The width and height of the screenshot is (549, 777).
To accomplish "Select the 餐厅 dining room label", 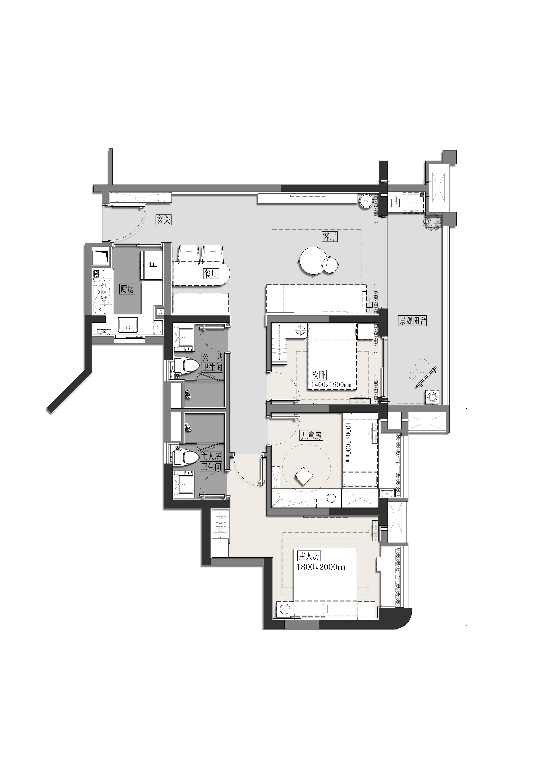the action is pyautogui.click(x=211, y=273).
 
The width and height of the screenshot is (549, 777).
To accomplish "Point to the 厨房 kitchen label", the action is pyautogui.click(x=127, y=289).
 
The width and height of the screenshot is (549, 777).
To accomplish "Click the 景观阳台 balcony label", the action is pyautogui.click(x=413, y=321).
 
